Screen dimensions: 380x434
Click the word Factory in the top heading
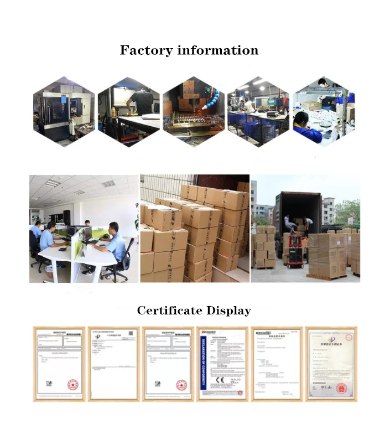(145, 51)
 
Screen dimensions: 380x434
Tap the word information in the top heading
(217, 51)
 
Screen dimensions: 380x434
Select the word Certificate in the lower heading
(169, 311)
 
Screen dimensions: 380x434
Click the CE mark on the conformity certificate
(220, 380)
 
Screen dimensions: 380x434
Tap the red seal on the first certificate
(72, 384)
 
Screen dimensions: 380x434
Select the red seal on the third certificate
(181, 384)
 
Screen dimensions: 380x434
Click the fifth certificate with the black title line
(277, 363)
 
